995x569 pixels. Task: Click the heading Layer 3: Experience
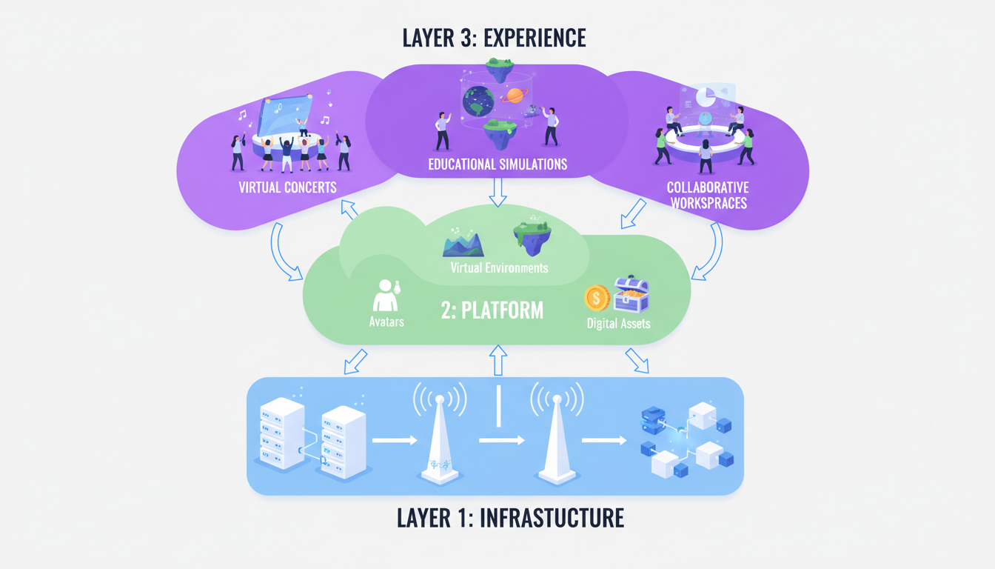point(494,38)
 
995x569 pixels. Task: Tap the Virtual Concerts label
point(287,187)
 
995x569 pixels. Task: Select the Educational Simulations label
point(497,164)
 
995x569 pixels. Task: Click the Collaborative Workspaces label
point(707,195)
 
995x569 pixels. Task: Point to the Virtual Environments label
point(499,267)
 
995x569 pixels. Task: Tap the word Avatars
point(386,322)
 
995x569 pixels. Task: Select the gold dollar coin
point(597,298)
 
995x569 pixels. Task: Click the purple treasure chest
point(631,293)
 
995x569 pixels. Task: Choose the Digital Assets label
point(618,323)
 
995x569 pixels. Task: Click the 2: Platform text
point(492,310)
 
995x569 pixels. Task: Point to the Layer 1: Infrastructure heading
point(510,517)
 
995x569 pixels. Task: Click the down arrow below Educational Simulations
point(498,193)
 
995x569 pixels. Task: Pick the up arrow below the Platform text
point(498,359)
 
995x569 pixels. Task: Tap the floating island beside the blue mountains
point(532,236)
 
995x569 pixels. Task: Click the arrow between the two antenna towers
point(501,441)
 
